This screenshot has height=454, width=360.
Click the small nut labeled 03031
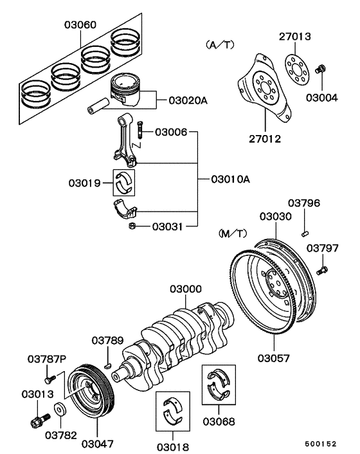131,226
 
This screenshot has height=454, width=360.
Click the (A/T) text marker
220,45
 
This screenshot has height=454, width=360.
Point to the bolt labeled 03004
323,68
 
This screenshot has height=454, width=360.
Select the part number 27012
265,138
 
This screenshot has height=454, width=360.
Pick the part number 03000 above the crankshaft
185,290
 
